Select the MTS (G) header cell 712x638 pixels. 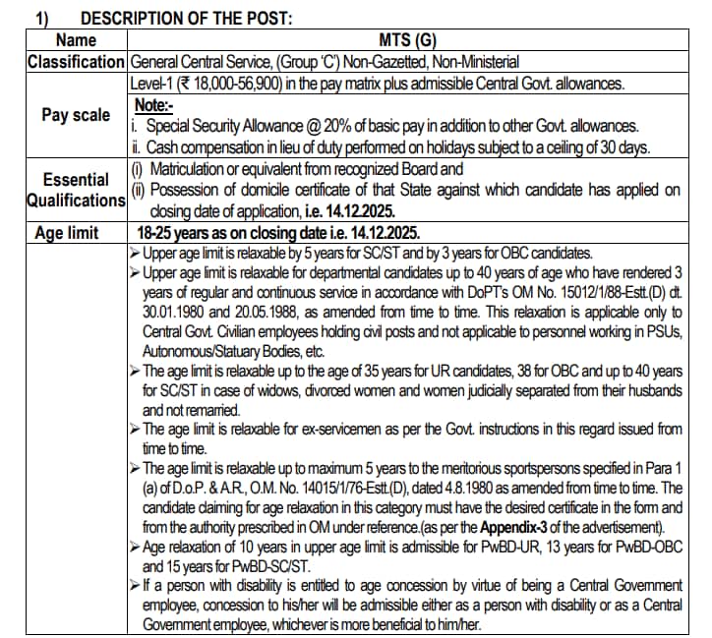coord(406,40)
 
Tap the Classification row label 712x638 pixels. coord(77,62)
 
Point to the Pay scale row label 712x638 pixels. coord(77,115)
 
